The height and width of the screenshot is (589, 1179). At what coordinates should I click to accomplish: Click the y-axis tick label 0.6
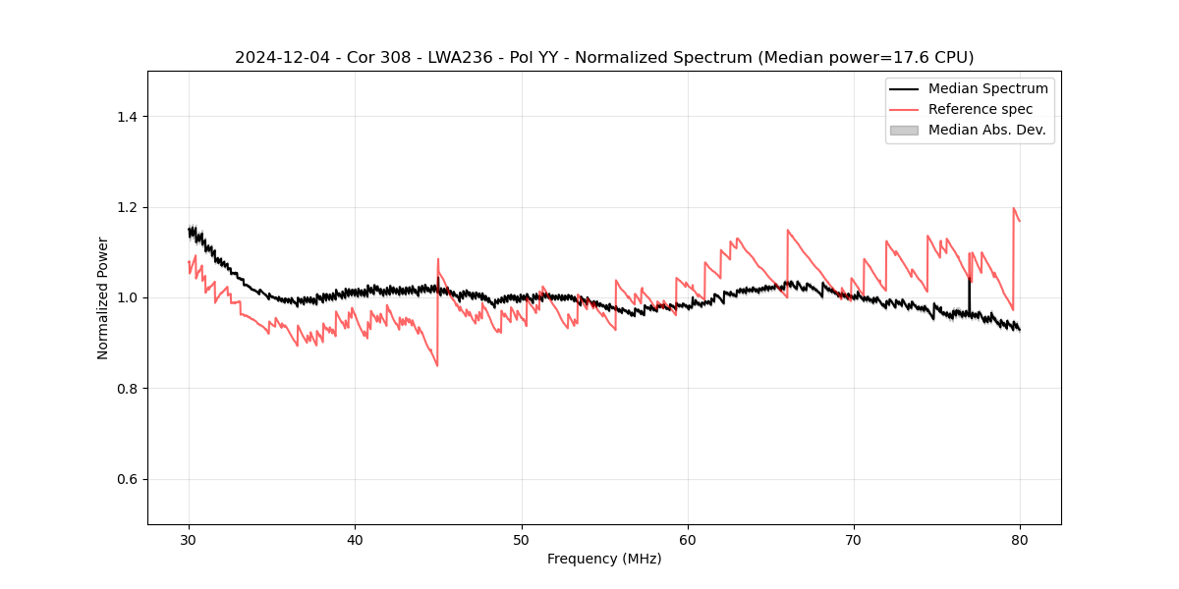(127, 479)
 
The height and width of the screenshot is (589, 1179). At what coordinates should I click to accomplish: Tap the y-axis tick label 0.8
(127, 389)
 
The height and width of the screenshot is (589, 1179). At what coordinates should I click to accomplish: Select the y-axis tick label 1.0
(127, 297)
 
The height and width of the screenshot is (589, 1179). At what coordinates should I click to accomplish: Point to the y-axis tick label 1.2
(127, 207)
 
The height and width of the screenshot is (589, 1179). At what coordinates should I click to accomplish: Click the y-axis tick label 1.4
(127, 117)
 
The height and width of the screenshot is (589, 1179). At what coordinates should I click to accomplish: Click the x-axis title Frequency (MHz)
(604, 559)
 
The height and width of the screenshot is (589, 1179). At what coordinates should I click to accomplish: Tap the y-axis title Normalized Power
(103, 297)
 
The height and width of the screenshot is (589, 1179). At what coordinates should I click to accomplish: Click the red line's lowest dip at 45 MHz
(437, 365)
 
